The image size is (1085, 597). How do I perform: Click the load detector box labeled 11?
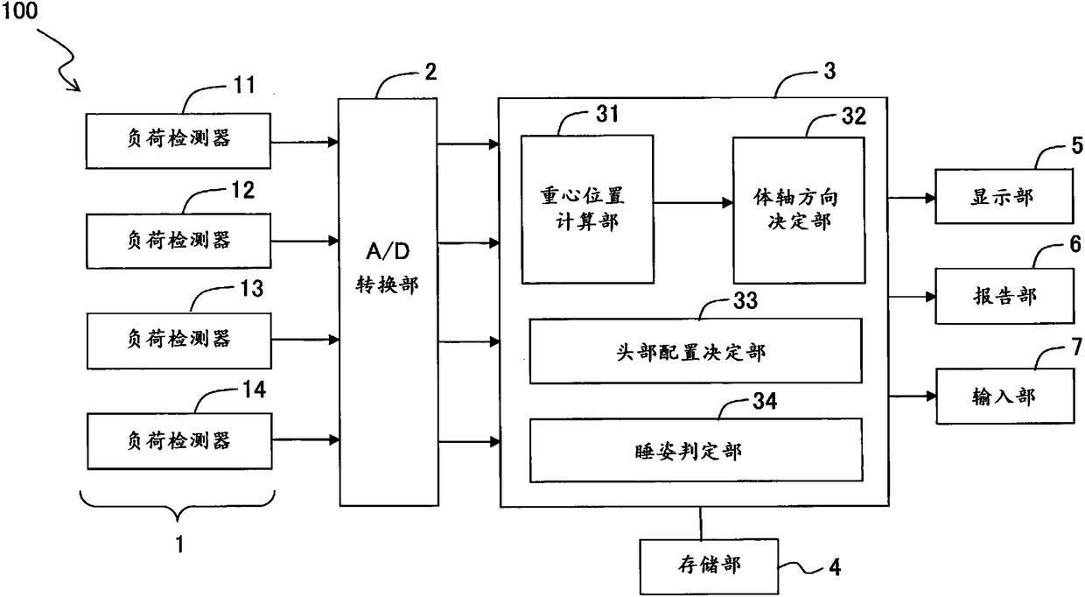179,139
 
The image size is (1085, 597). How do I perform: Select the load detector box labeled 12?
179,239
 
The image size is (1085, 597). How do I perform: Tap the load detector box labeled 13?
179,339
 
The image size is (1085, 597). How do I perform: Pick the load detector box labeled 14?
179,439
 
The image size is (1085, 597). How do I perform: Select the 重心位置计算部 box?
587,209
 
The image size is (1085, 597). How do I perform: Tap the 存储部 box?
702,565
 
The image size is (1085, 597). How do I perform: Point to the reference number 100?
19,15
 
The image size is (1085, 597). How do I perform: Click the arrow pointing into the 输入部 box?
912,397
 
